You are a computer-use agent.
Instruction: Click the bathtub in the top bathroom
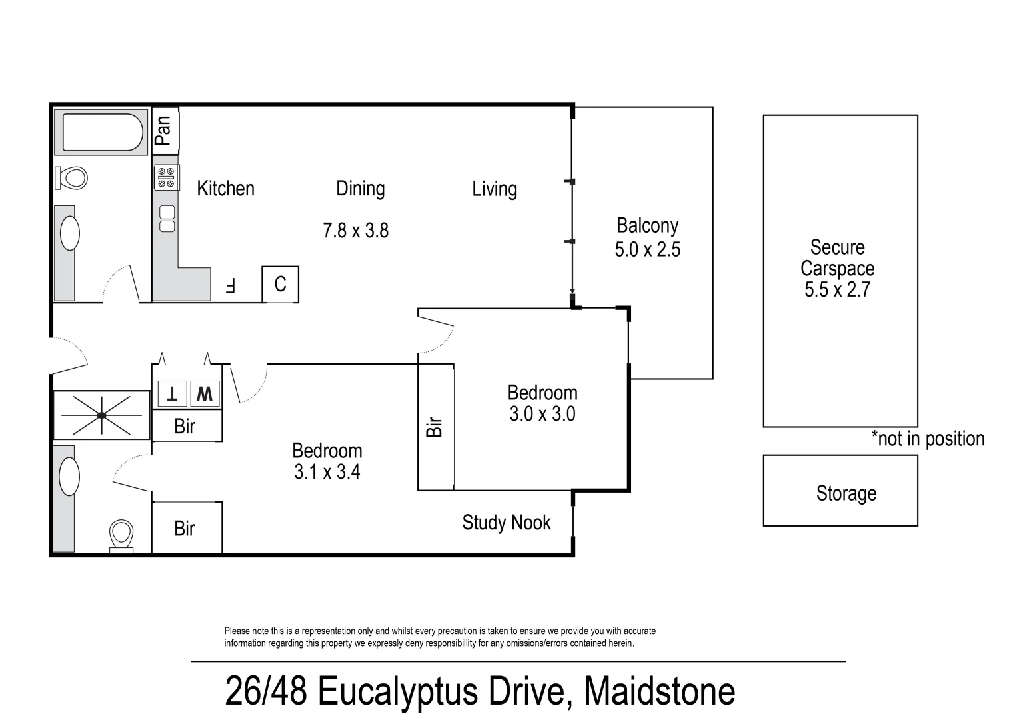[103, 133]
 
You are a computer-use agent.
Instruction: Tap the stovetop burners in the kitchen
[166, 177]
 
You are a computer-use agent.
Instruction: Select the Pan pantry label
[163, 130]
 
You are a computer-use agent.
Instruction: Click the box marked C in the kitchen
[280, 285]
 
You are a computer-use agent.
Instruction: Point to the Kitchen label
[225, 189]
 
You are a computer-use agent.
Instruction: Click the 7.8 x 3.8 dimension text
[355, 231]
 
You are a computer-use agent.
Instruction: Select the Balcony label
[647, 226]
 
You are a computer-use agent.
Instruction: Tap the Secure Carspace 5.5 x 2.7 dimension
[837, 290]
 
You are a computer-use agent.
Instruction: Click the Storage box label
[846, 493]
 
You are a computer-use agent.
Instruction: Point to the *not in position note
[928, 439]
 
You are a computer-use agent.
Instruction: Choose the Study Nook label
[507, 523]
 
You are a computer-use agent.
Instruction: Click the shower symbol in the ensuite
[101, 415]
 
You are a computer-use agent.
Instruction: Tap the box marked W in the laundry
[205, 394]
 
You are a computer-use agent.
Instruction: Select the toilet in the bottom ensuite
[121, 535]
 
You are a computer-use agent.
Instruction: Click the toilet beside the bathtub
[72, 177]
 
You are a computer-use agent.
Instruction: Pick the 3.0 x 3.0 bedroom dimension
[542, 414]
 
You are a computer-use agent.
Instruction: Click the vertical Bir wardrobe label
[435, 427]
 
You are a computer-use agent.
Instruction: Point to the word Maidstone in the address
[659, 691]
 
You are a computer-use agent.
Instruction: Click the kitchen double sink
[167, 219]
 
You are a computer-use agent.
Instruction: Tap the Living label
[495, 189]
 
